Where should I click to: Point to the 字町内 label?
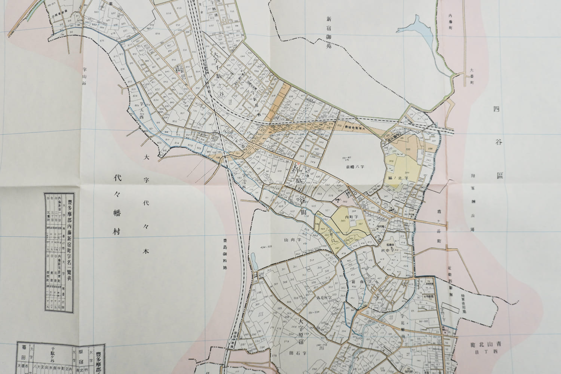(351, 217)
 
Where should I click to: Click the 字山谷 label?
(85, 76)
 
